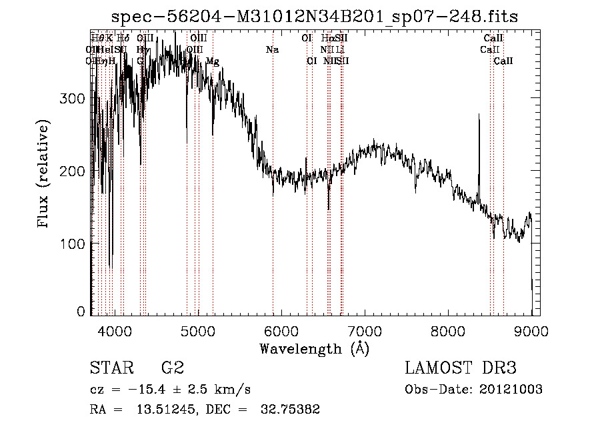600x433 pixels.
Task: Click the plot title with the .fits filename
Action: pos(314,17)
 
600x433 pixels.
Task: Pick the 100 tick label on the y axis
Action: pos(73,244)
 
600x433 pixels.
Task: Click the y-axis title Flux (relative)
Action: pos(45,175)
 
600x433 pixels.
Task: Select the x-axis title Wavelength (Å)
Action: pos(314,348)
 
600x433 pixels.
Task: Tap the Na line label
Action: pos(272,50)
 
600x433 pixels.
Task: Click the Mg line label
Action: pos(212,61)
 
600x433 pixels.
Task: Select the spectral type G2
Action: pos(172,368)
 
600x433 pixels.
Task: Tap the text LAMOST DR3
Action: pos(460,368)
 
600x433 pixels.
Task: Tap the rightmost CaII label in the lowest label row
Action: pos(503,61)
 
